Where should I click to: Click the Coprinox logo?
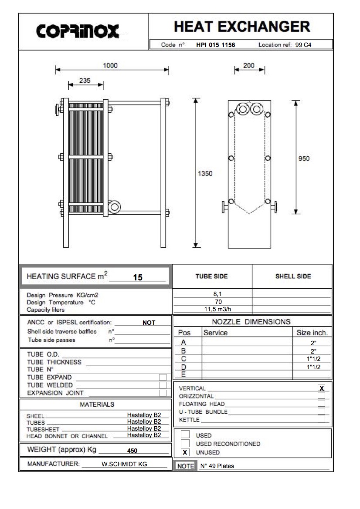coord(78,31)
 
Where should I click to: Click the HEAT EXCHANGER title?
coord(242,27)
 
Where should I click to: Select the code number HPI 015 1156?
coord(215,45)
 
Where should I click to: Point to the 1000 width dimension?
coord(110,66)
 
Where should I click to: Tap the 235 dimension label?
coord(85,80)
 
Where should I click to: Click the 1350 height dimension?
coord(205,173)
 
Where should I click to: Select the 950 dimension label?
coord(304,158)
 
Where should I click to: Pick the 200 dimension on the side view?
coord(248,66)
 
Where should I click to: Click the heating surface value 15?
coord(138,277)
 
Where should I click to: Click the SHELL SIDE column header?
coord(293,276)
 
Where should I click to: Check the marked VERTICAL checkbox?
coord(322,388)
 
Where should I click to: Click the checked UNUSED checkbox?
coord(185,452)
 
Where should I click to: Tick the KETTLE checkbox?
coord(322,419)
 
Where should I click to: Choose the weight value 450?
coord(132,451)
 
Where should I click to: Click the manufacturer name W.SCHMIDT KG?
coord(124,464)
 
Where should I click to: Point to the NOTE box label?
coord(186,466)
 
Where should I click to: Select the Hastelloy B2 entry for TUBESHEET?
coord(144,428)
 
